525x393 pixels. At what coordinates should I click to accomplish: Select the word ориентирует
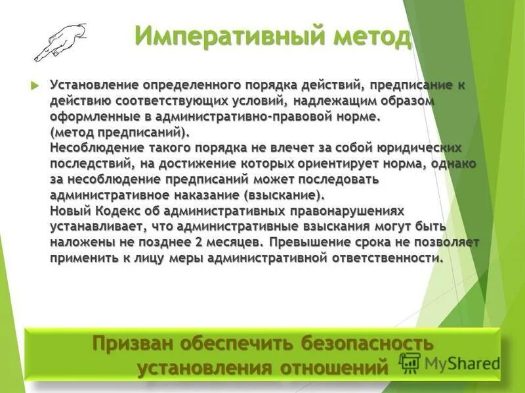[x=350, y=163]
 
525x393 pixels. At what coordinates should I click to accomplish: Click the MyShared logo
[x=450, y=362]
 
